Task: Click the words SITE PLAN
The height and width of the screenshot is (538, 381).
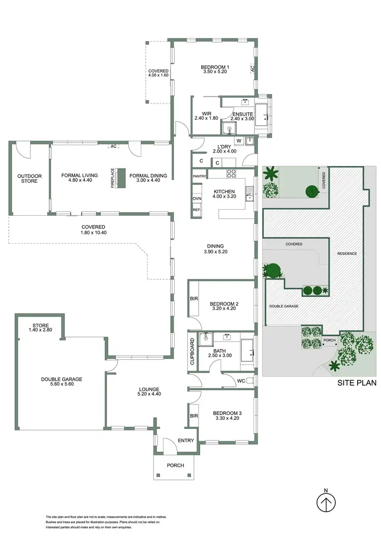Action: coord(357,383)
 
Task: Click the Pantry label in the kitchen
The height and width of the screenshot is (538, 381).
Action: coord(199,176)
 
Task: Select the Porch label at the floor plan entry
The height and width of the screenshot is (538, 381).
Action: coord(175,465)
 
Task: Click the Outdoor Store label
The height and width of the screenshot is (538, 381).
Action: coord(29,179)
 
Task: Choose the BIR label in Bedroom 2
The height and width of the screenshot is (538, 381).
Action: coord(194,299)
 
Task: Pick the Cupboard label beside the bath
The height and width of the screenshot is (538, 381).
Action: coord(192,352)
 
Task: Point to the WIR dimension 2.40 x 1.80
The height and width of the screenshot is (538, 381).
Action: coord(206,118)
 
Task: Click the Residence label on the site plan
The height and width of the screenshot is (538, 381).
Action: coord(347,253)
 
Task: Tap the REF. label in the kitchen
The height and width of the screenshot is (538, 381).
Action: coord(197,210)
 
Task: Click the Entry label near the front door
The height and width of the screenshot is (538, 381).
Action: coord(185,441)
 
